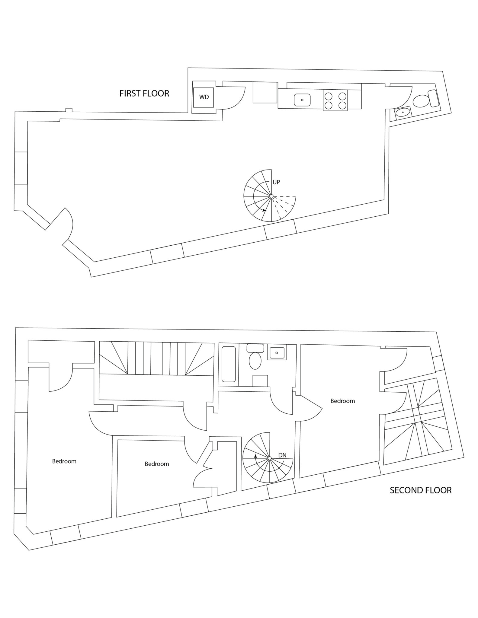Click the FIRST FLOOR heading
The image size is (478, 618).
144,94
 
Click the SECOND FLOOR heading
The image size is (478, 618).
420,490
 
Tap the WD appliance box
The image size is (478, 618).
204,97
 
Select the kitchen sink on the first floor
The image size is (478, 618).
302,100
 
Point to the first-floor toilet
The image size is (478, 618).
421,101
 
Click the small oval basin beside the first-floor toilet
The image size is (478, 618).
403,112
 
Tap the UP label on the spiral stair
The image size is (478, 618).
276,182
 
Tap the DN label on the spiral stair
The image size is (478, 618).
282,455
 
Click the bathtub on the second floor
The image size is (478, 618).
229,364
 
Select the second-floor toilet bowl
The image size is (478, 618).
255,361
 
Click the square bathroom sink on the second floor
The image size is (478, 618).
277,353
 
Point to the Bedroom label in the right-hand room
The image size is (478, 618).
342,401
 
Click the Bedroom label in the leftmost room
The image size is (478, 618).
64,461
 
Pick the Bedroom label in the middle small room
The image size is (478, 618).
157,464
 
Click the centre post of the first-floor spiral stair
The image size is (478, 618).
271,196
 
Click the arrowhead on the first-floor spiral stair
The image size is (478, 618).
265,210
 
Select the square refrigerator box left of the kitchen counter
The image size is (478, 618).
265,92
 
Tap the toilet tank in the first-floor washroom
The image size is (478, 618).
434,98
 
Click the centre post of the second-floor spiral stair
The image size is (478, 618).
270,458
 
